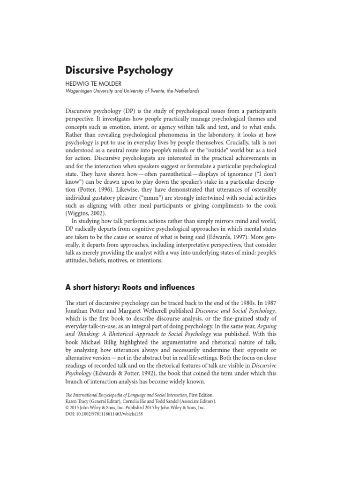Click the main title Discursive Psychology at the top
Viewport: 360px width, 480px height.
pyautogui.click(x=119, y=71)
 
